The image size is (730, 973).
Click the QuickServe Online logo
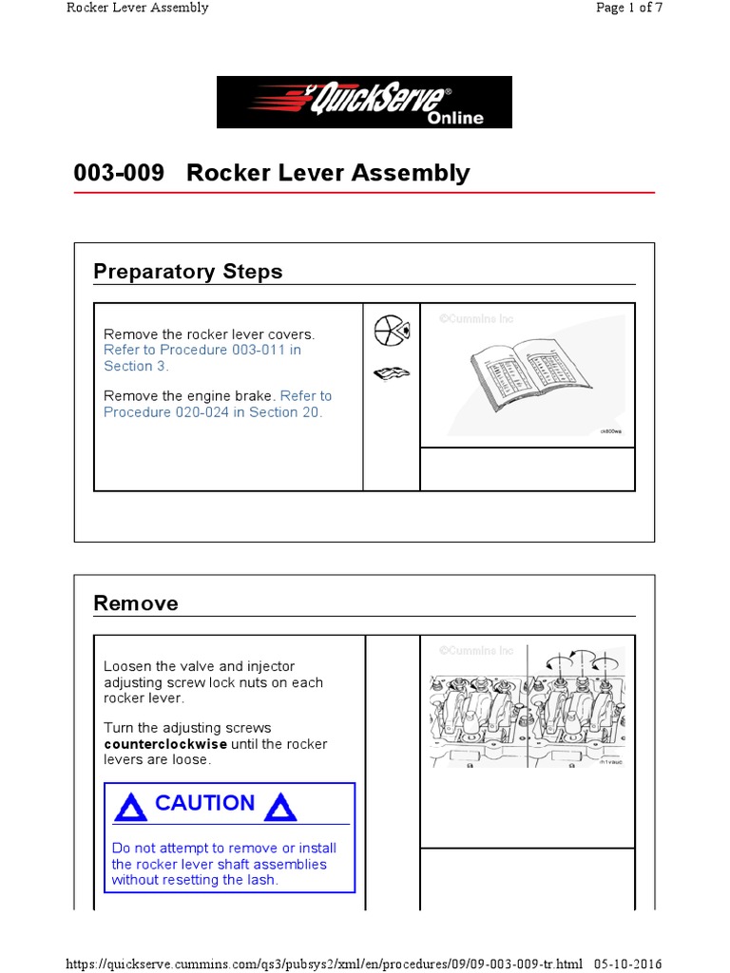[x=364, y=102]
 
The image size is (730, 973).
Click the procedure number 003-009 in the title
[x=119, y=173]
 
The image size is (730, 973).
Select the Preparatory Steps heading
[x=188, y=272]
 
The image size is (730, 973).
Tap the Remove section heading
[x=136, y=603]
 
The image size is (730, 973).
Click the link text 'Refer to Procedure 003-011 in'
[x=202, y=350]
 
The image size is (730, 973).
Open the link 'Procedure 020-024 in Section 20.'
[x=213, y=411]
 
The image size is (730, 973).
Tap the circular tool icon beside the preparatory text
[x=391, y=332]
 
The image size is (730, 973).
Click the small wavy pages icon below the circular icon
[x=391, y=373]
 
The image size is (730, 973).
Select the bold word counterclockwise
[x=165, y=744]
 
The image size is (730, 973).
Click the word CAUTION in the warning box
[x=204, y=803]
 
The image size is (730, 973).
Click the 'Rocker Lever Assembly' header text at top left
[x=138, y=8]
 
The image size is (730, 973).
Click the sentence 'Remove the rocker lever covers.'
[x=208, y=334]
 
